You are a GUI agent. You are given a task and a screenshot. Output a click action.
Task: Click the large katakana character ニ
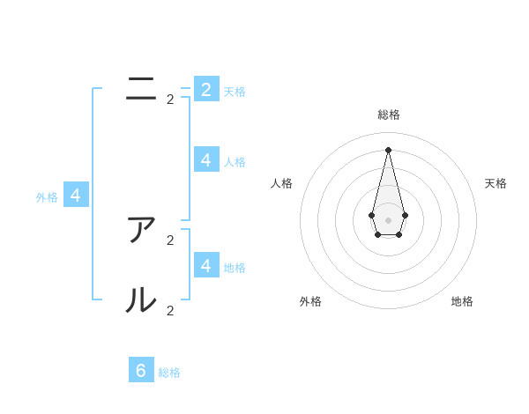click(141, 89)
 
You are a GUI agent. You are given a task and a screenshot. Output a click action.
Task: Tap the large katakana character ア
click(141, 230)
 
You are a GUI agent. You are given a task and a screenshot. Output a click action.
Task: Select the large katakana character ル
click(141, 300)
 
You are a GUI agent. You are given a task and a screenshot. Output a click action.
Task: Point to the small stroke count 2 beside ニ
click(170, 100)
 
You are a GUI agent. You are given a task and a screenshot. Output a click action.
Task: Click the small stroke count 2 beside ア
click(170, 240)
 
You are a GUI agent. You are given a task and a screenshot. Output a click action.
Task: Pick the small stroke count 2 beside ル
click(170, 310)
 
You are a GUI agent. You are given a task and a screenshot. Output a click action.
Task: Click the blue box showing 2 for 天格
click(206, 89)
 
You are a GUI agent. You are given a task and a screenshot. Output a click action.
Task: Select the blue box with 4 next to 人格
click(206, 159)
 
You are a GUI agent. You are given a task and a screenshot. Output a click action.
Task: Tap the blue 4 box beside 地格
click(206, 265)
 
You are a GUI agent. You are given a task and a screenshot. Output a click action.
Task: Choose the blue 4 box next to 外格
click(75, 196)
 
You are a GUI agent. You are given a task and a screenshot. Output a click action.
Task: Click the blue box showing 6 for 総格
click(141, 370)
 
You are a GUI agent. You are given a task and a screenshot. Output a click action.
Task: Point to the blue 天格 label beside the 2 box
click(235, 92)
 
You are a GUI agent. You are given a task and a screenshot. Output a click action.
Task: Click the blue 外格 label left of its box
click(47, 198)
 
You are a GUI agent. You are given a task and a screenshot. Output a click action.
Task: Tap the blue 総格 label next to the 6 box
click(169, 373)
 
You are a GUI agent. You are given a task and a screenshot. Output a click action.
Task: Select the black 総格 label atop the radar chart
click(388, 115)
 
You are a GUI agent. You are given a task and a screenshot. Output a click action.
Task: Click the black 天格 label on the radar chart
click(495, 183)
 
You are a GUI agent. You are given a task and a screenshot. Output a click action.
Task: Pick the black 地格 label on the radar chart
click(462, 301)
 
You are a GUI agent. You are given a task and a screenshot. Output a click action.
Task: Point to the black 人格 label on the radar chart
click(281, 183)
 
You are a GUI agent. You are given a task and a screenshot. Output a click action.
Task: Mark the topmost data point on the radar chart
click(388, 150)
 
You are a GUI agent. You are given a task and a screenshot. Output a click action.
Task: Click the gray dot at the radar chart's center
click(388, 219)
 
